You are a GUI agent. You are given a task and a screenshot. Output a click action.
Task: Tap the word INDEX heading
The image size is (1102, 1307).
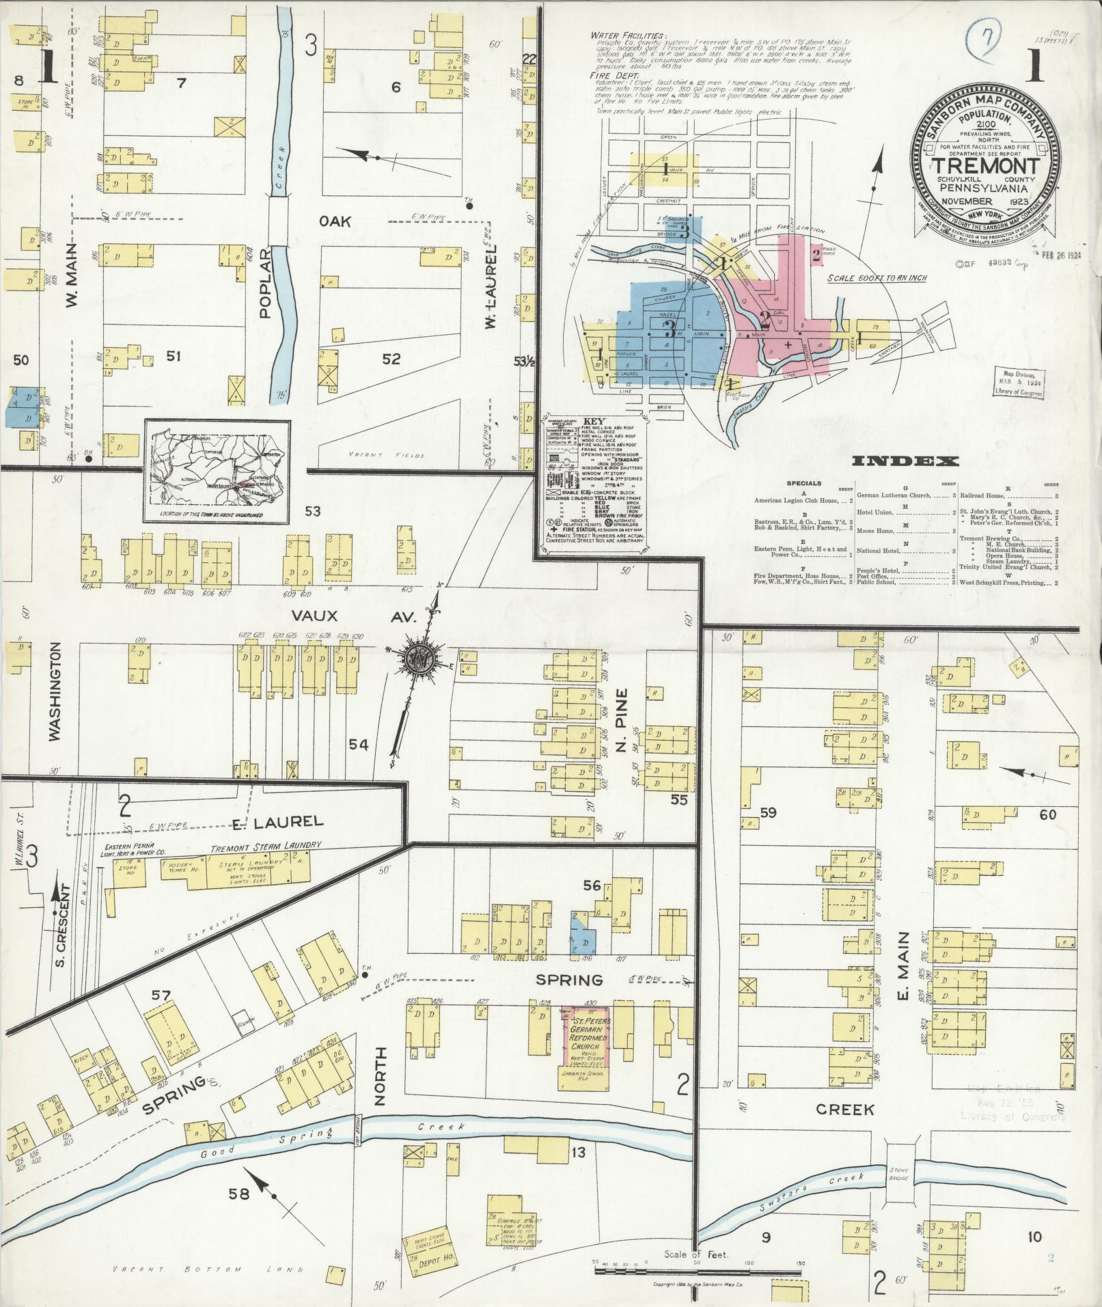click(905, 462)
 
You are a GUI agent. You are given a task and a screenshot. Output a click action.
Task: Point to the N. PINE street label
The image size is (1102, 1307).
click(622, 728)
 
